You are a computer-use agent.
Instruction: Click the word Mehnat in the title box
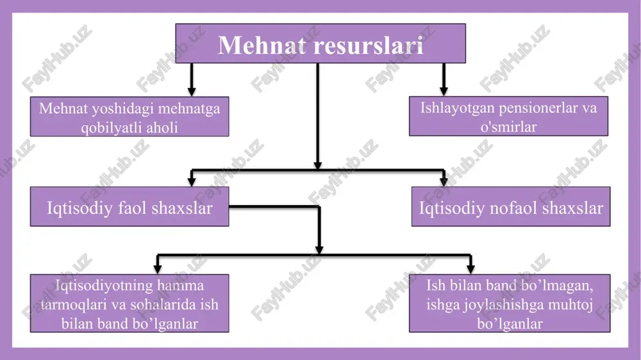tap(262, 45)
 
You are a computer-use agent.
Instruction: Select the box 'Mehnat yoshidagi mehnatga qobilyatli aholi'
tap(129, 117)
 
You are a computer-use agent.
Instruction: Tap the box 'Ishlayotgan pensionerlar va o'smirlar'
tap(508, 116)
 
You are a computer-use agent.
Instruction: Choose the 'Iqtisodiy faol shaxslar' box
tap(129, 206)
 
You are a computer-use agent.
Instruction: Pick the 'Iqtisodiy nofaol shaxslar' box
tap(511, 206)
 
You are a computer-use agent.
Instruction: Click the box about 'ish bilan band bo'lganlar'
tap(129, 303)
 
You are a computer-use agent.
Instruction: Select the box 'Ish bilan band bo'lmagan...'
tap(510, 303)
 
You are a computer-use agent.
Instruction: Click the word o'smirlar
tap(508, 127)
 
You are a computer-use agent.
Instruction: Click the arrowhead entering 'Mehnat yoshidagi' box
tap(191, 91)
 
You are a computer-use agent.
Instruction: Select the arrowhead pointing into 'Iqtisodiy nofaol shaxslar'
tap(444, 181)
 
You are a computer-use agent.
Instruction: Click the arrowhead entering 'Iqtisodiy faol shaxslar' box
tap(191, 181)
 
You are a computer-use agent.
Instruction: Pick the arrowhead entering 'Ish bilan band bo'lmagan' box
tap(470, 268)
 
